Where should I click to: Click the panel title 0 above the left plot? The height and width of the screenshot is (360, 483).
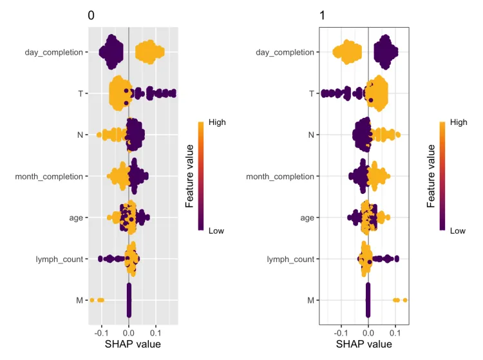click(91, 16)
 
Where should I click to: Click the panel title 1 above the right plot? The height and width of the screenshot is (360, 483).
click(323, 16)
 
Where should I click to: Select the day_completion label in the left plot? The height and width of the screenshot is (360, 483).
click(53, 52)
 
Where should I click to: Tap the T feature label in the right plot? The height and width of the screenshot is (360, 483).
click(311, 93)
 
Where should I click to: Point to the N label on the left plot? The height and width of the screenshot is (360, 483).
click(79, 135)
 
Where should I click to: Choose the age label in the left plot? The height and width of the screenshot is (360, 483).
click(75, 218)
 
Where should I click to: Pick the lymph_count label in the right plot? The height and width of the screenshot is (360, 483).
click(290, 259)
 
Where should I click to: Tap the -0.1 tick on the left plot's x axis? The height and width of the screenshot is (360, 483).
click(101, 334)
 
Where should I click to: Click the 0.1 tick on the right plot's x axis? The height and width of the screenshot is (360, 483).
click(395, 334)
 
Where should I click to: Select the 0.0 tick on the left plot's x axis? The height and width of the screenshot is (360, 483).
click(129, 334)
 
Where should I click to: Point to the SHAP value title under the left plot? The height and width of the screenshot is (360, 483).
click(133, 345)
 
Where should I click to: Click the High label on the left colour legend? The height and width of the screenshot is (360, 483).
click(217, 121)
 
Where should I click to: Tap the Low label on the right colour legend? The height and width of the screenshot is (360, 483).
click(458, 230)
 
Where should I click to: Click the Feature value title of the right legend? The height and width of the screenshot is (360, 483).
click(431, 176)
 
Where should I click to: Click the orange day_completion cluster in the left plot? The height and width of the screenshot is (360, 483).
click(149, 52)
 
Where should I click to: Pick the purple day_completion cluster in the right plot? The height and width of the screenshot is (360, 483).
click(386, 52)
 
